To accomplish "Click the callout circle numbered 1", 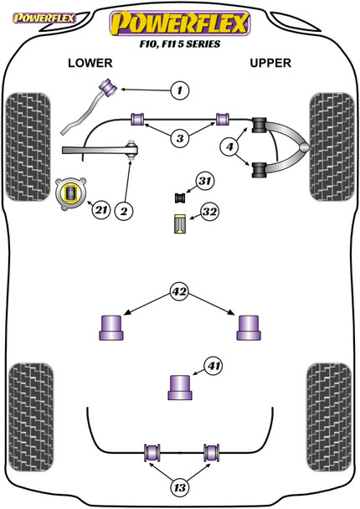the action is click(179, 90).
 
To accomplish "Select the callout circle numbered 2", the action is click(124, 212).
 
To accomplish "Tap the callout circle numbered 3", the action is click(180, 139).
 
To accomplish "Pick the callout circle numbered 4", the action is click(229, 147).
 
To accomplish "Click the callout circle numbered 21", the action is click(101, 210).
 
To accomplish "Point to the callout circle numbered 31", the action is click(205, 181).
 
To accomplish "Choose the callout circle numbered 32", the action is click(209, 212).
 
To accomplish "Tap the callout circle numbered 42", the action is click(179, 291).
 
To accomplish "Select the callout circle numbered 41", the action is click(213, 366).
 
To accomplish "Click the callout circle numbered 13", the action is click(179, 487).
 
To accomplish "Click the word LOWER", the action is click(90, 63).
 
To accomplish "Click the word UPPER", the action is click(270, 63).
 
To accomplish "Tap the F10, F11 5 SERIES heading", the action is click(180, 44).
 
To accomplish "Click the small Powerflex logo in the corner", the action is click(44, 18).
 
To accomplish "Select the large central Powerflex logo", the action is click(180, 23).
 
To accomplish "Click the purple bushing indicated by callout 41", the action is click(180, 388).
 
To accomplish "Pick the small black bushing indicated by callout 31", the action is click(179, 198).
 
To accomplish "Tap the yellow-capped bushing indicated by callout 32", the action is click(179, 224).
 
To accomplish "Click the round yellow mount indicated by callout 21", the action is click(71, 193).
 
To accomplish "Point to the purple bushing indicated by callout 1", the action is click(109, 87).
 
